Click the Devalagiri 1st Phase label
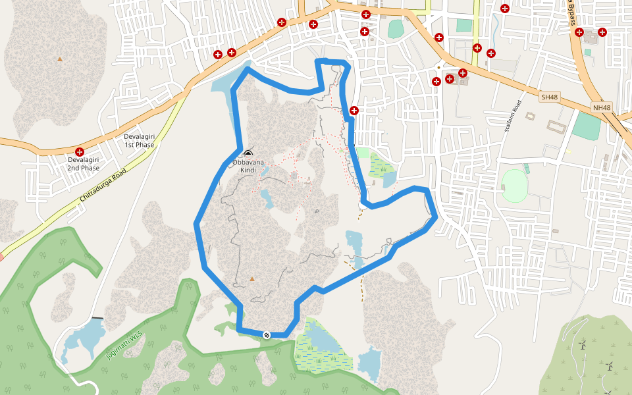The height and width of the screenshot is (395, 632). [x=139, y=141]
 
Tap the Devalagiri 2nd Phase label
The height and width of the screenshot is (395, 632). [x=83, y=164]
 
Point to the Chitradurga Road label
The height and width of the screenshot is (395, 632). [x=103, y=186]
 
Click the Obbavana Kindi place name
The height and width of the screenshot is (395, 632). [x=248, y=166]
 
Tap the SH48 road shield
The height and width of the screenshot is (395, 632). [x=549, y=97]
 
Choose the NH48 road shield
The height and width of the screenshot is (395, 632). [x=602, y=107]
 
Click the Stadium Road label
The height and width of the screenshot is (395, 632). [x=513, y=117]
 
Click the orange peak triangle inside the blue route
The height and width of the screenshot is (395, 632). [x=251, y=279]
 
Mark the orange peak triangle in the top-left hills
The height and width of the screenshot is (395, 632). [x=60, y=59]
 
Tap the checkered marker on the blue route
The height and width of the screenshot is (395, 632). [x=267, y=335]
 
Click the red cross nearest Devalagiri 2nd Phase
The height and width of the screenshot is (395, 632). [x=80, y=152]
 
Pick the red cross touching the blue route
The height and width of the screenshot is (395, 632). [x=354, y=110]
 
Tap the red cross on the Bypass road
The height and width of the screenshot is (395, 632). [x=579, y=32]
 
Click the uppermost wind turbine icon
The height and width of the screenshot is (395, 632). [x=583, y=344]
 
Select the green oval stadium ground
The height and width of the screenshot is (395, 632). [x=514, y=186]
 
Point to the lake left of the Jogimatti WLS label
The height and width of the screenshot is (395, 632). [x=82, y=342]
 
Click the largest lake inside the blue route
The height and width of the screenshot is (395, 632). [x=354, y=247]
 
